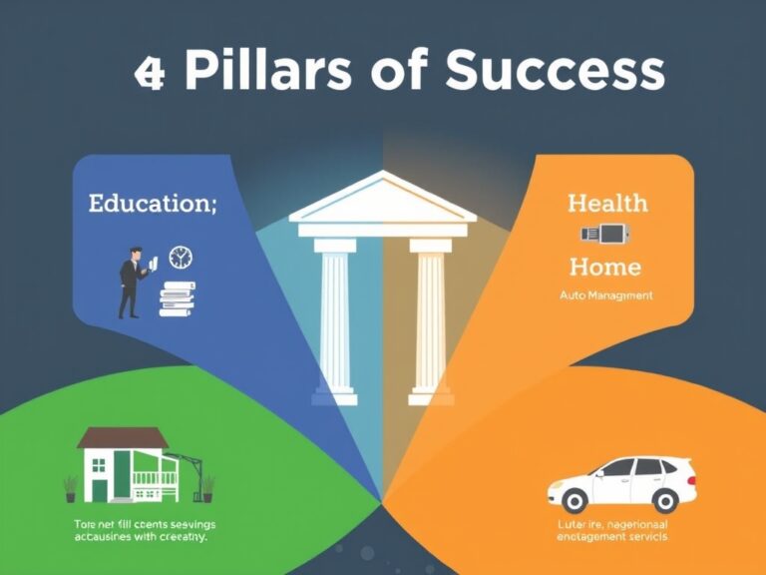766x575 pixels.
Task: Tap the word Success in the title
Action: click(554, 72)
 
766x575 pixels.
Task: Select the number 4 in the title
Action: click(149, 75)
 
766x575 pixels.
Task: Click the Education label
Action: click(152, 204)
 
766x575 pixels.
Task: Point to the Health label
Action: click(606, 204)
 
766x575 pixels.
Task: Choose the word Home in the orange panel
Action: click(604, 267)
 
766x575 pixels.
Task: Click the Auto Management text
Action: click(604, 295)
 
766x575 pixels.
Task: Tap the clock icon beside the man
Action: click(180, 257)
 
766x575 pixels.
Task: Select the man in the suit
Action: click(131, 283)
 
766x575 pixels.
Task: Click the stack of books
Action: click(178, 297)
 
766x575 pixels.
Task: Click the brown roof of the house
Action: click(123, 438)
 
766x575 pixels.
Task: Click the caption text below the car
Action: click(612, 530)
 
